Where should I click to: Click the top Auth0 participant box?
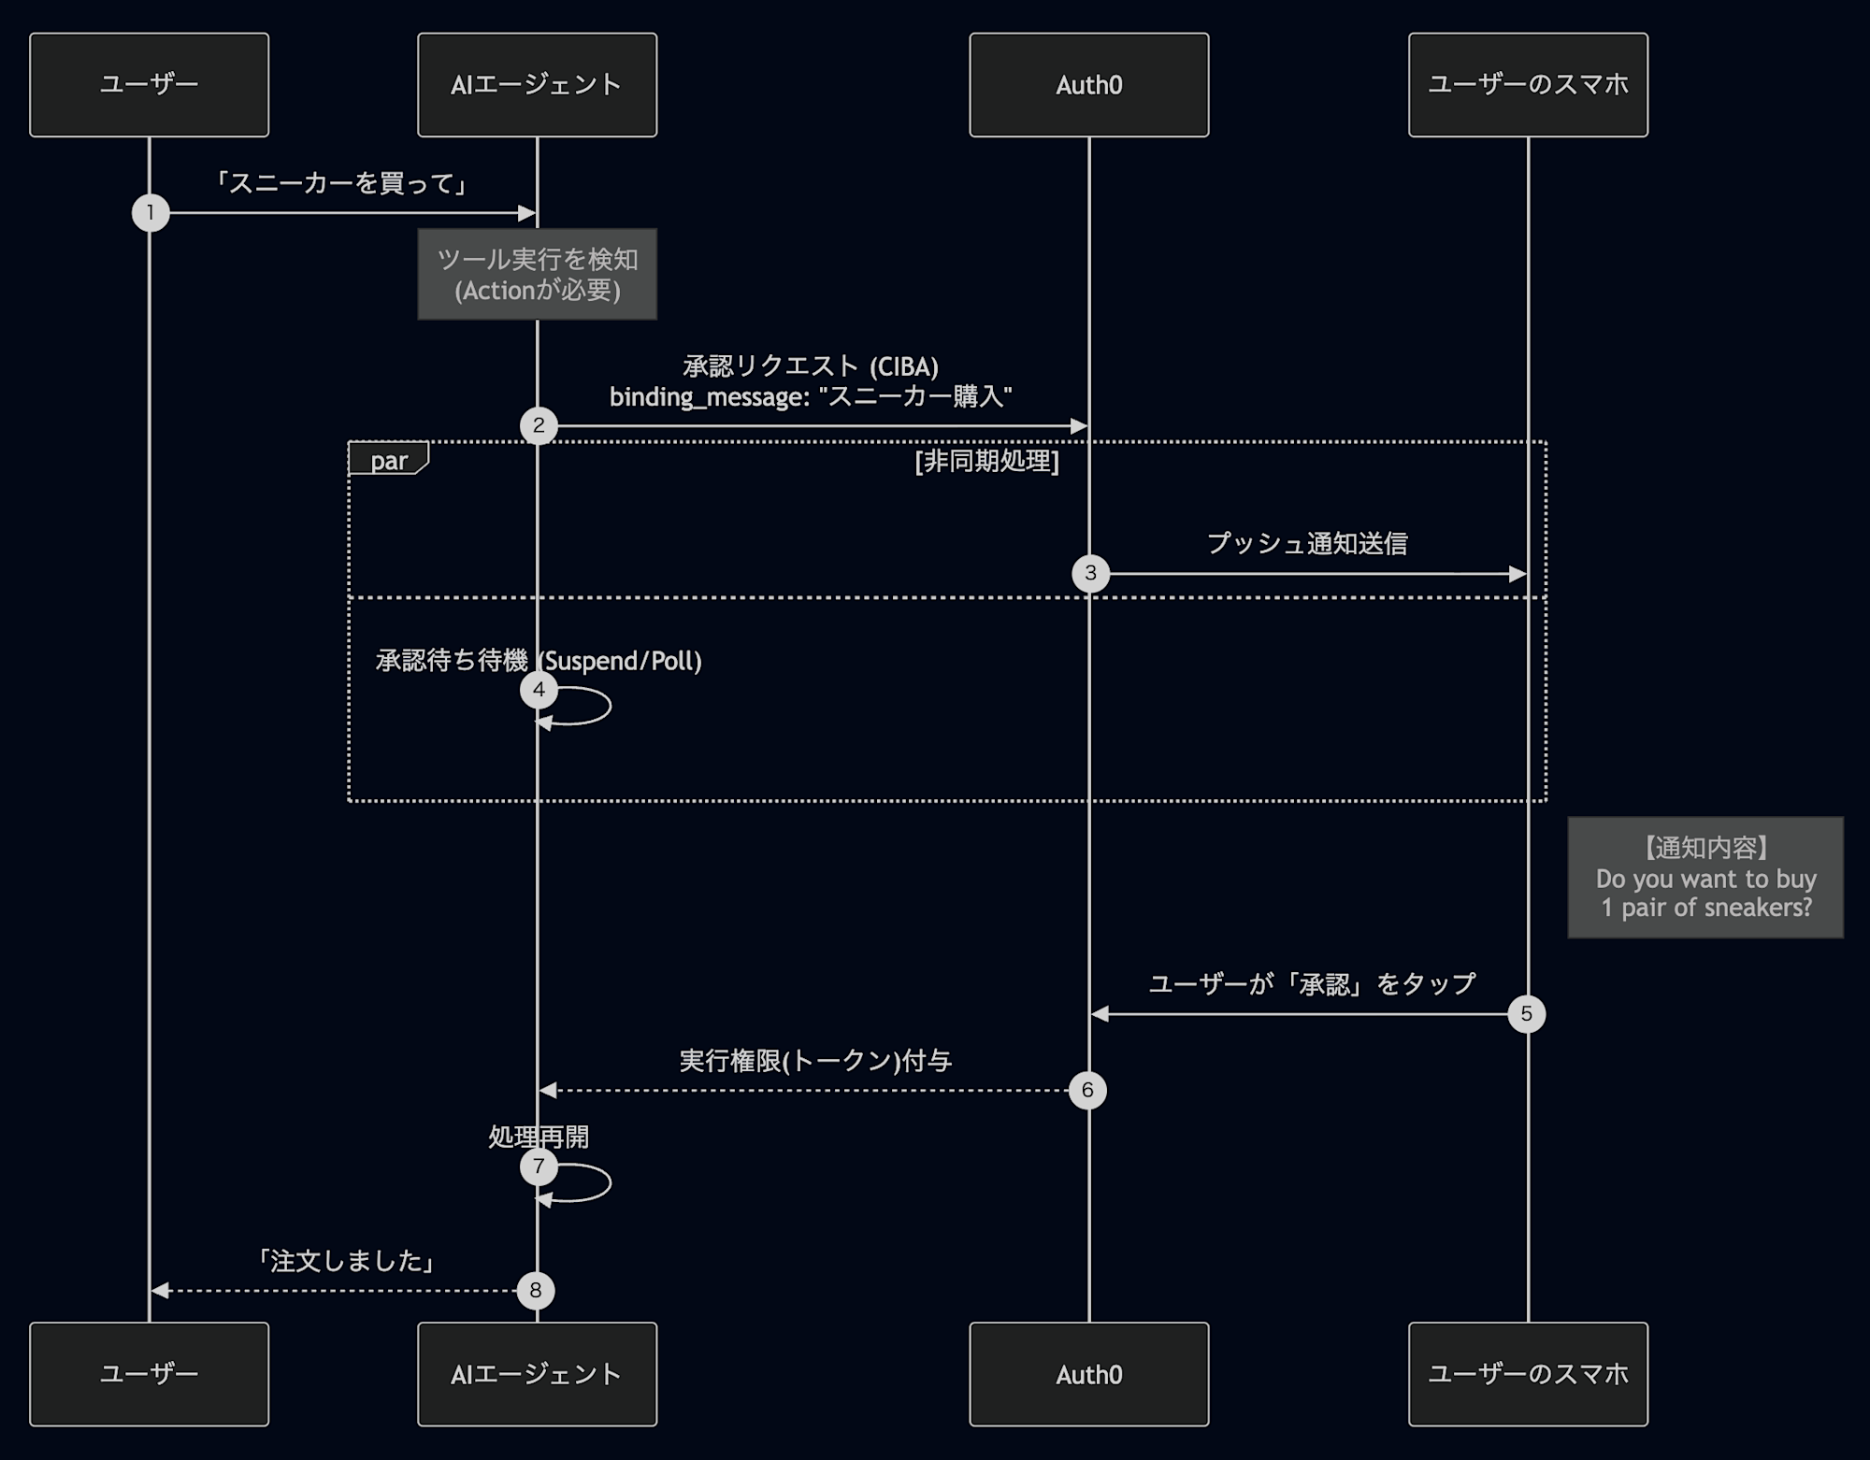(x=1088, y=85)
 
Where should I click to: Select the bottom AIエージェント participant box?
(x=537, y=1373)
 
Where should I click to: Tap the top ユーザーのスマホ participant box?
(x=1528, y=85)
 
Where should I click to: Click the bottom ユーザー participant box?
(x=149, y=1373)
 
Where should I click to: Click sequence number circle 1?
(x=151, y=213)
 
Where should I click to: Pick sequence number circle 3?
(x=1090, y=573)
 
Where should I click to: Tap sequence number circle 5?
(x=1526, y=1013)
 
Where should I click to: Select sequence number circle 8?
(x=535, y=1290)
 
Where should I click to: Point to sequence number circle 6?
(x=1087, y=1090)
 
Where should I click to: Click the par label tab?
(x=388, y=460)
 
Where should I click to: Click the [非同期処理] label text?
(x=986, y=461)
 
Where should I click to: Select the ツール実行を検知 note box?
(x=537, y=274)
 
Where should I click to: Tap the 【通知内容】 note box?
(x=1705, y=878)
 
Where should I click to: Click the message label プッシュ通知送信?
(x=1307, y=543)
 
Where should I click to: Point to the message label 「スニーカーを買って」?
(x=341, y=182)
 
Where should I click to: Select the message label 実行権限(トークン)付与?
(x=815, y=1061)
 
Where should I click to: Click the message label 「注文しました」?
(x=346, y=1261)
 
